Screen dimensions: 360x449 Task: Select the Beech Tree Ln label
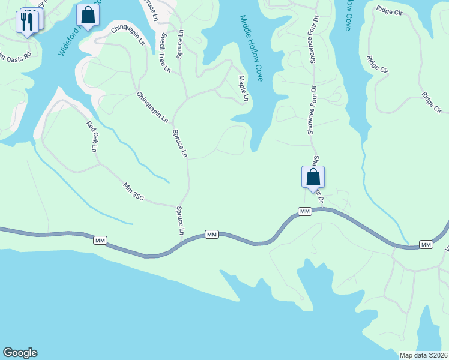165,53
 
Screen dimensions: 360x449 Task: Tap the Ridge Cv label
378,66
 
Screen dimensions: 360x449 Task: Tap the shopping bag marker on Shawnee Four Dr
313,177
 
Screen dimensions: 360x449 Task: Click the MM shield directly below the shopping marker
305,211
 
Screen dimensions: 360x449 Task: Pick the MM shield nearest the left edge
100,241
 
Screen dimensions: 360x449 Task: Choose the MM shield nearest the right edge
426,245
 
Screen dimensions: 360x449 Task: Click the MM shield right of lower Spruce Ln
211,235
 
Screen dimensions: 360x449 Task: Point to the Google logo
20,353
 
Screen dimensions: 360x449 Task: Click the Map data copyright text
424,355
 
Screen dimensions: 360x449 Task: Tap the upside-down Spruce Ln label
179,41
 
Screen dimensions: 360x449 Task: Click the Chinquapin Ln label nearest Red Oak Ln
152,107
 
